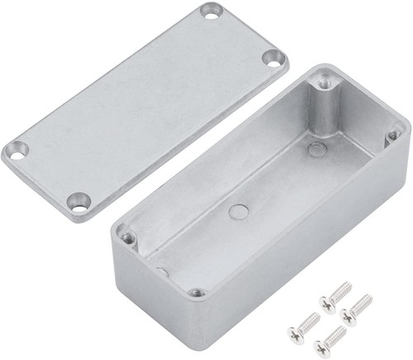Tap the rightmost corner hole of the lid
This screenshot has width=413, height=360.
coord(274,59)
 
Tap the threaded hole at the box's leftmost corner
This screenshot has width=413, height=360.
coord(127,237)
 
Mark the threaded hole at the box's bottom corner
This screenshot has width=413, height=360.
coord(196,291)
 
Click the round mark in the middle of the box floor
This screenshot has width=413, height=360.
coord(237,211)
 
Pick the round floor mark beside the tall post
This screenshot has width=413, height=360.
coord(316,149)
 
